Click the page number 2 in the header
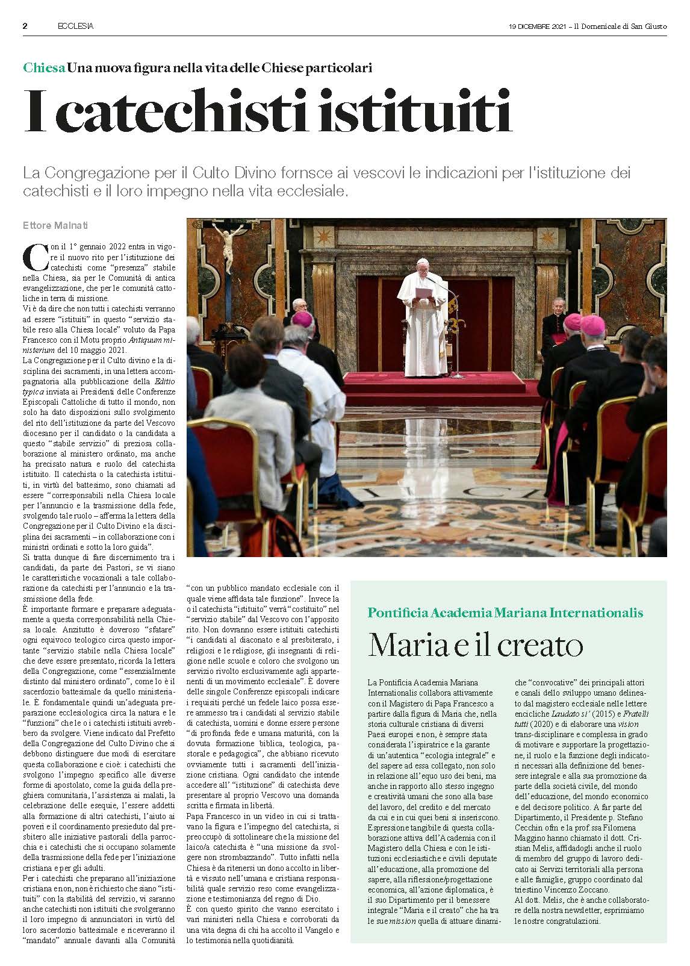pos(25,26)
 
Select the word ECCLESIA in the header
pos(75,26)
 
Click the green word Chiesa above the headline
pos(44,67)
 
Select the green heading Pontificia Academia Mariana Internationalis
pos(505,612)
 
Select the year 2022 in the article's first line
pos(102,247)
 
